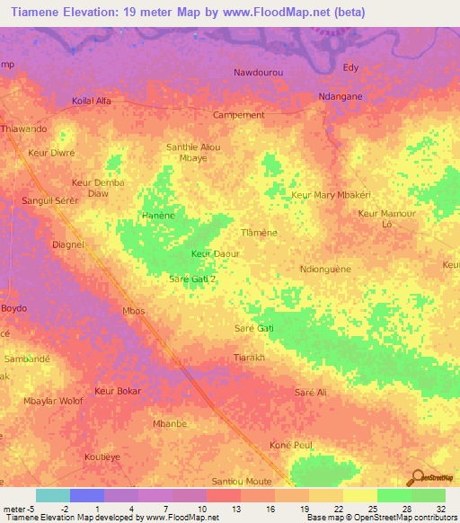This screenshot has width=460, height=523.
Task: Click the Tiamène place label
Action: click(258, 232)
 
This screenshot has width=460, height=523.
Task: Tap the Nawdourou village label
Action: click(259, 72)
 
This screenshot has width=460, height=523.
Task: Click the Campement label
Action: click(239, 115)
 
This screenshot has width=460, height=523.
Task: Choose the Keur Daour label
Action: click(216, 254)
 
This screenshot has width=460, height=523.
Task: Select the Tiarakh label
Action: click(249, 357)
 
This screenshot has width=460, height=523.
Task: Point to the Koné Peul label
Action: click(291, 445)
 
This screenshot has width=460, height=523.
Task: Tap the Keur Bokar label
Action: click(118, 392)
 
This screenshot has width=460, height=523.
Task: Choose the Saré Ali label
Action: click(311, 394)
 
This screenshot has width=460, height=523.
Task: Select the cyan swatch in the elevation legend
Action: click(52, 495)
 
